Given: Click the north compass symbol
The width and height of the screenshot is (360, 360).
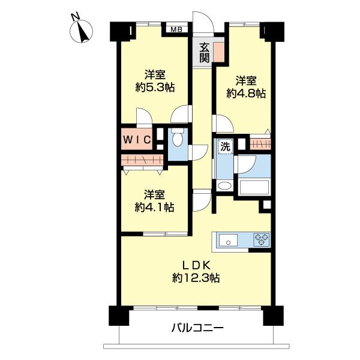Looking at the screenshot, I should (x=79, y=30).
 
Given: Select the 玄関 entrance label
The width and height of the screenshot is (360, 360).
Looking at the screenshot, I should (x=205, y=52).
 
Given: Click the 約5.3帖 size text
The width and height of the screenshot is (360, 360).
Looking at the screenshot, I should (x=155, y=87).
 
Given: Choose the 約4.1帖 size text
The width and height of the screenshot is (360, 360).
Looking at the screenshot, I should (x=155, y=207).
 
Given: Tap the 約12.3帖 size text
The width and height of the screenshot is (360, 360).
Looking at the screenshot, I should (x=196, y=278).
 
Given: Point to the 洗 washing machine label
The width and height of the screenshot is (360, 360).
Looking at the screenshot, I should (x=224, y=145).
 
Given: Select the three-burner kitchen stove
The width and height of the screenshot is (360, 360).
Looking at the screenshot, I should (x=262, y=240).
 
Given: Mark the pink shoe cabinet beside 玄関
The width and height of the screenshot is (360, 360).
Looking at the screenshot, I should (x=218, y=53).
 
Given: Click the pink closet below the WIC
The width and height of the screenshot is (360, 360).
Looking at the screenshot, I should (x=142, y=160).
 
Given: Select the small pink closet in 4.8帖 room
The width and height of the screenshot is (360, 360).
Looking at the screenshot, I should (x=259, y=144).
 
